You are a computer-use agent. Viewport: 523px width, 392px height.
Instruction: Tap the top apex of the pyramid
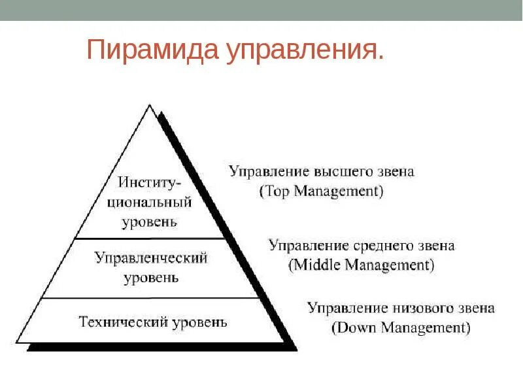(150, 106)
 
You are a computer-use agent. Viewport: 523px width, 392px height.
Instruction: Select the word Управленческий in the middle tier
(151, 258)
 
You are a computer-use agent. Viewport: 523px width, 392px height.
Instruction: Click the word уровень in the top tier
(150, 221)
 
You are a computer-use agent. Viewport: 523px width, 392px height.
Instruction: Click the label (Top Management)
(321, 191)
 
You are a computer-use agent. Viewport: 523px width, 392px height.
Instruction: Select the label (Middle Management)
(361, 265)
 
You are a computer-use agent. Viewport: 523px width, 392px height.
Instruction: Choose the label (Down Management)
(401, 328)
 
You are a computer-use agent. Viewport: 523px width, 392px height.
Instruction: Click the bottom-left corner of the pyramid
(17, 342)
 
